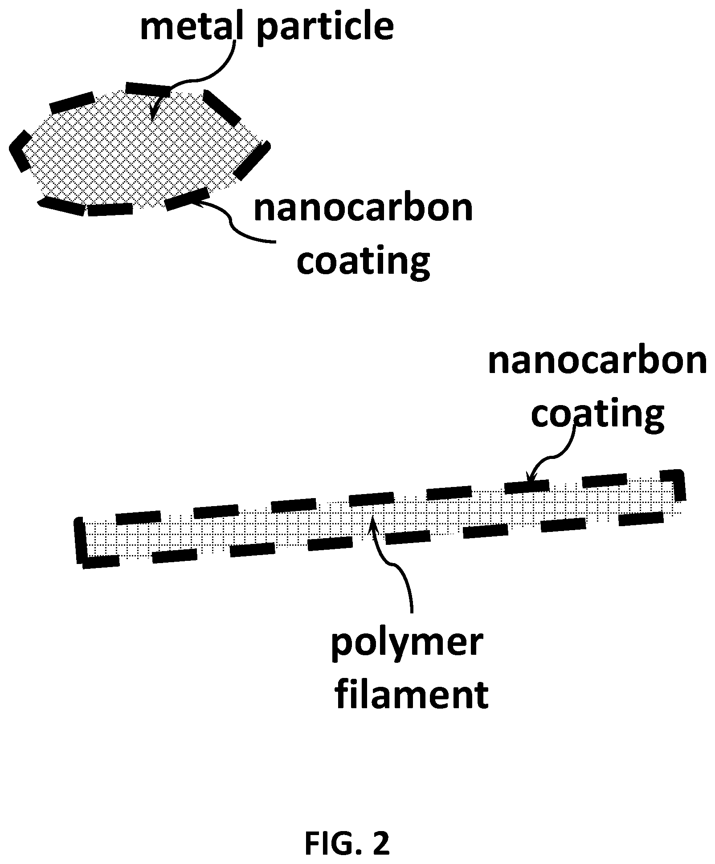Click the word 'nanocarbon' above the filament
coord(597,362)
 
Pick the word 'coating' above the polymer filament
coord(597,414)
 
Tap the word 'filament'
coord(411,695)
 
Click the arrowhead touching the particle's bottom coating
coord(196,202)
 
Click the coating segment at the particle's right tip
coord(252,160)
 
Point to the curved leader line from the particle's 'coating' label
coord(232,223)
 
